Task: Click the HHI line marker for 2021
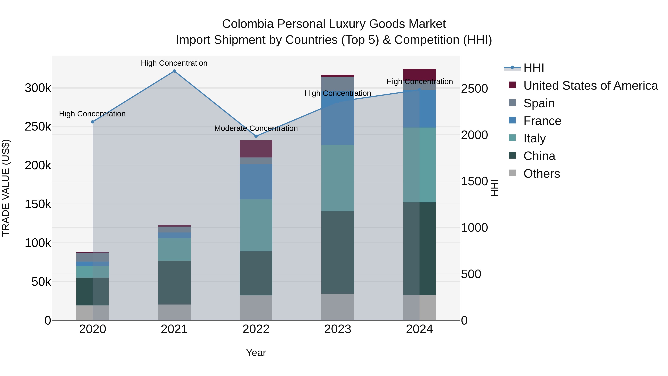pos(174,71)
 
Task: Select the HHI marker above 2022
pos(256,136)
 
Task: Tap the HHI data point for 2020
pos(93,122)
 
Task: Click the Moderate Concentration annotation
pos(256,128)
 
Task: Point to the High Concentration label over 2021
pos(174,63)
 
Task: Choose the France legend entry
pos(542,121)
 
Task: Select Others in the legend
pos(541,174)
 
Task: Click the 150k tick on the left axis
pos(38,204)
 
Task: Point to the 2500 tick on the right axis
pos(474,89)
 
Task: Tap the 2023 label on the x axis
pos(338,329)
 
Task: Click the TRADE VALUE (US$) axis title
pos(6,188)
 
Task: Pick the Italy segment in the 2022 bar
pos(256,225)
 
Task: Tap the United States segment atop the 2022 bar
pos(256,149)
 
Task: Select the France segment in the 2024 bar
pos(419,109)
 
